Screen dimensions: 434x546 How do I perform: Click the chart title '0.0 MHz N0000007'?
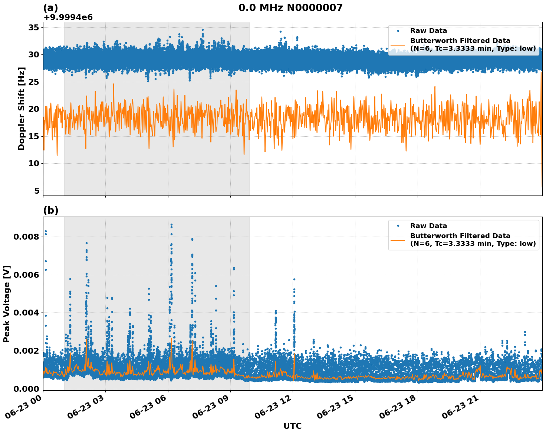pos(290,8)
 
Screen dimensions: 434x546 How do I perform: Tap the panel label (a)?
pos(51,8)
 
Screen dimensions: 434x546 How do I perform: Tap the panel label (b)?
pos(51,210)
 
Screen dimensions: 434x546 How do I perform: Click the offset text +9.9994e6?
pos(68,17)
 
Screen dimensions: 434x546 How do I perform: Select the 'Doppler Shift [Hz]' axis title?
pos(22,108)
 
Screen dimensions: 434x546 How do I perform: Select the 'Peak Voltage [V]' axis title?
pos(7,304)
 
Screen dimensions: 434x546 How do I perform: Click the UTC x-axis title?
pos(292,426)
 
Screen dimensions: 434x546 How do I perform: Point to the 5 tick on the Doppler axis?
pos(37,191)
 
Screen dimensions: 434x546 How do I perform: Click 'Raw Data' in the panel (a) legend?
pos(428,31)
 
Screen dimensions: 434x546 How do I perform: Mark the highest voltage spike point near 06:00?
pos(171,224)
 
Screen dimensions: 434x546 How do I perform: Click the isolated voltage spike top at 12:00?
pos(294,279)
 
